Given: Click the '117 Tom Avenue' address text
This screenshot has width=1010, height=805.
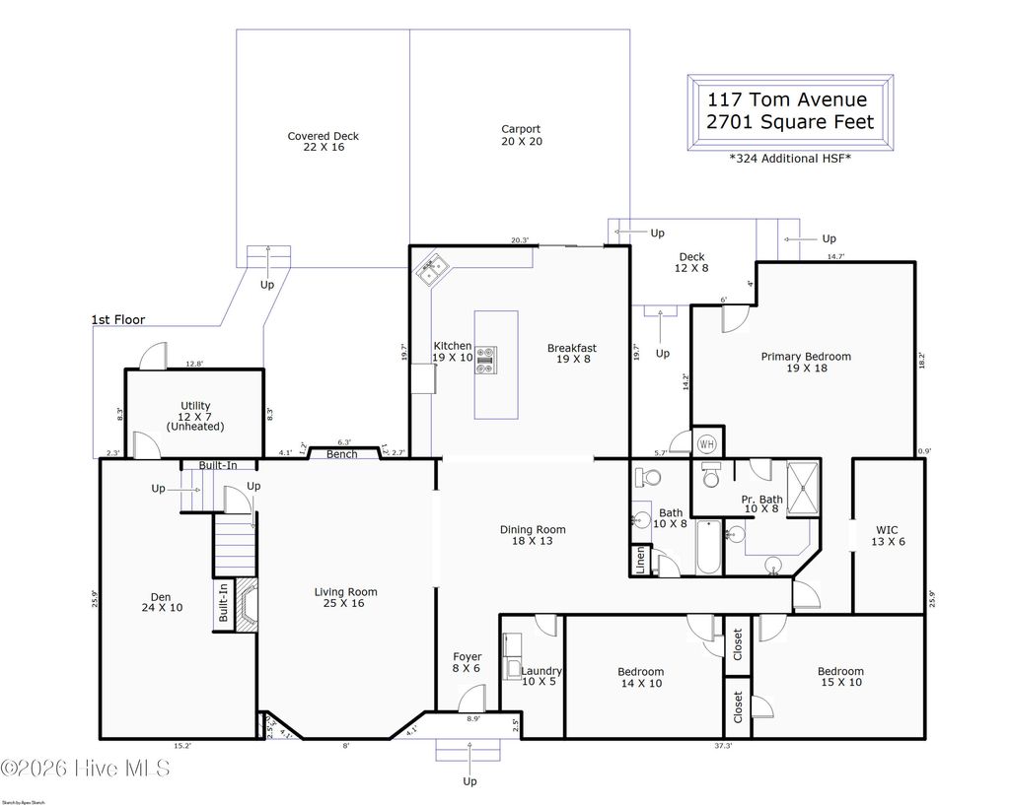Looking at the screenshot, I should pyautogui.click(x=786, y=100).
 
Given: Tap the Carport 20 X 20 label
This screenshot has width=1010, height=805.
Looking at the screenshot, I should pyautogui.click(x=520, y=135).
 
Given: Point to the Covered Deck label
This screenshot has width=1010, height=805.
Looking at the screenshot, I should pyautogui.click(x=323, y=143).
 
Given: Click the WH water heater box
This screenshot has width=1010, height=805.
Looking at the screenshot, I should pyautogui.click(x=706, y=443).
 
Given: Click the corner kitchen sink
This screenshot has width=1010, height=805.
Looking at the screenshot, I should pyautogui.click(x=433, y=270).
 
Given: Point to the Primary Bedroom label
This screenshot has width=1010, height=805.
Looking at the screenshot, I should pyautogui.click(x=805, y=362).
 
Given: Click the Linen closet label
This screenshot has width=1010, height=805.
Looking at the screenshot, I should pyautogui.click(x=640, y=561).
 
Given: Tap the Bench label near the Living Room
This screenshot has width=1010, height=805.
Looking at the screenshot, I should pyautogui.click(x=341, y=454).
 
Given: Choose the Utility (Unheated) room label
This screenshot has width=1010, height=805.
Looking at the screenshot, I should pyautogui.click(x=195, y=416).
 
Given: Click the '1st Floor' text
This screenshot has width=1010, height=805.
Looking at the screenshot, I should pyautogui.click(x=117, y=319).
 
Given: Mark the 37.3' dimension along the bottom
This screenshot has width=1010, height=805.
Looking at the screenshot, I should pyautogui.click(x=722, y=746).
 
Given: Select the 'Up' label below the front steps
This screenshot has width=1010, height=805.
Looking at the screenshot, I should pyautogui.click(x=469, y=781).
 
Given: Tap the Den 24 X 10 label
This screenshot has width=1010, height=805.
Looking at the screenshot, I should pyautogui.click(x=162, y=602).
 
